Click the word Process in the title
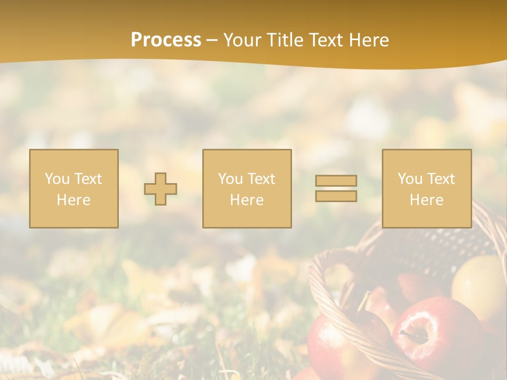pos(166,40)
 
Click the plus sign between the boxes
pos(161,189)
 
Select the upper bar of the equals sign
pos(336,180)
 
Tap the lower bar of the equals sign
pos(336,196)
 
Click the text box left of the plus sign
pos(74,189)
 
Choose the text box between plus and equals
pos(247,189)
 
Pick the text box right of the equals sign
pos(427,189)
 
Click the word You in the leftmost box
pos(57,179)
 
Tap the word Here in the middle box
pos(247,200)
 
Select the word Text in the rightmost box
pos(442,179)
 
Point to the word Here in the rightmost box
pos(427,200)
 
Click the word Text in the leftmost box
pos(88,179)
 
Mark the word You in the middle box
pos(230,179)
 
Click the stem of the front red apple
pos(408,333)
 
